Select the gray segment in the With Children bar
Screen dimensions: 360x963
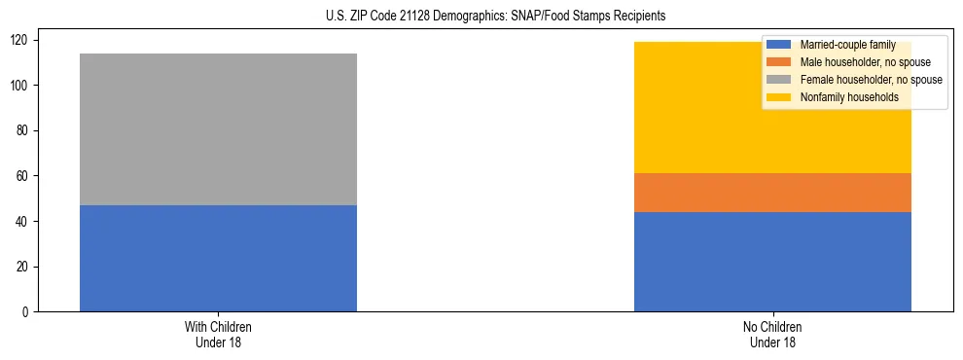218,129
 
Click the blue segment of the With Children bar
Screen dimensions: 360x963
218,258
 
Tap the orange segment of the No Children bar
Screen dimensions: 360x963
772,194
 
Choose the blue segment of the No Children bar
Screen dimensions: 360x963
772,262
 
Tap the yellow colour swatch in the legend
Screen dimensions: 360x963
779,97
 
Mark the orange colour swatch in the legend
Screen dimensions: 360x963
779,62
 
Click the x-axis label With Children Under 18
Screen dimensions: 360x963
218,334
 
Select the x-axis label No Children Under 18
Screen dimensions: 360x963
772,334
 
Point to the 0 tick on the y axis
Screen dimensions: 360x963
29,312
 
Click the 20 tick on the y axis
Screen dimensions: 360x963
26,267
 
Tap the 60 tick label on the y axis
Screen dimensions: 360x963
26,176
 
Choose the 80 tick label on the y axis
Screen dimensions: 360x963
26,130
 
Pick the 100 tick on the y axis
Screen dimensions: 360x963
23,86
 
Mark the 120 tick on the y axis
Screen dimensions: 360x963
23,40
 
